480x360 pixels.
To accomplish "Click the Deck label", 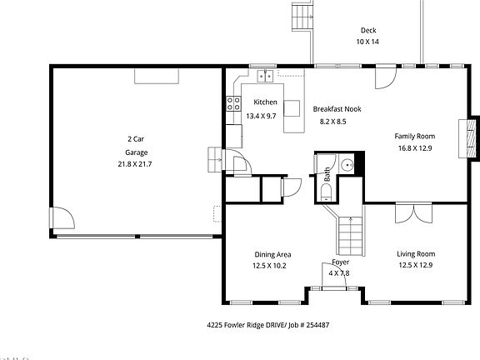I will pyautogui.click(x=367, y=30).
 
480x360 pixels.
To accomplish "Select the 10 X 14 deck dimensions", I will pyautogui.click(x=367, y=41).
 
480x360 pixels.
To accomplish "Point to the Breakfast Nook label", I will pyautogui.click(x=337, y=109).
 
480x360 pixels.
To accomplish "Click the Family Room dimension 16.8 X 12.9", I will pyautogui.click(x=414, y=148).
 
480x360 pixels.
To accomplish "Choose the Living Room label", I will pyautogui.click(x=415, y=253).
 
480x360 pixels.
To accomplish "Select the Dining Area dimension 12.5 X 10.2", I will pyautogui.click(x=269, y=266).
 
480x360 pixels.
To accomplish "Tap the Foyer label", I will pyautogui.click(x=340, y=262).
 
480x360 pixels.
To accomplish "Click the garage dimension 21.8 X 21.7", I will pyautogui.click(x=135, y=164).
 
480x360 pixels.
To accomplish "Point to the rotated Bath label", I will pyautogui.click(x=327, y=175).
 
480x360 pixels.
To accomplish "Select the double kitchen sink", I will pyautogui.click(x=266, y=77).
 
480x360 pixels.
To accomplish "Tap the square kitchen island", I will pyautogui.click(x=292, y=108).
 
